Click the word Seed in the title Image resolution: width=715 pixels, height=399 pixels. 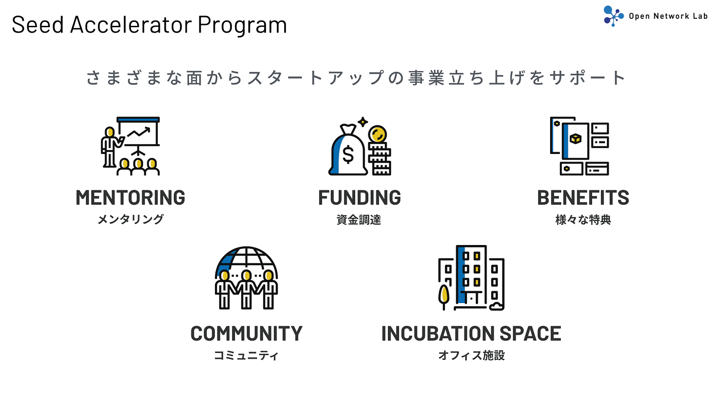pyautogui.click(x=38, y=25)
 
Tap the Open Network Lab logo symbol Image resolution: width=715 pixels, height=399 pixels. pyautogui.click(x=613, y=16)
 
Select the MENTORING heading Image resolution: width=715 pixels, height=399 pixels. pyautogui.click(x=130, y=197)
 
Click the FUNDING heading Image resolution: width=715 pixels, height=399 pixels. pyautogui.click(x=359, y=197)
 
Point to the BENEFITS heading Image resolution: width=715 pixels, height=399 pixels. pyautogui.click(x=583, y=197)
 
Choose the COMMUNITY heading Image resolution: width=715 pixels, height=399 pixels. pyautogui.click(x=246, y=333)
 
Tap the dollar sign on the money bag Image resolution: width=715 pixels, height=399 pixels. pyautogui.click(x=348, y=154)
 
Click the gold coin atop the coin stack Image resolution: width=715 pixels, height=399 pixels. pyautogui.click(x=377, y=134)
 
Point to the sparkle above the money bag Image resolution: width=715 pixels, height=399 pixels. pyautogui.click(x=362, y=122)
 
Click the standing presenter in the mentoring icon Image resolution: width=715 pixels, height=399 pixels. pyautogui.click(x=110, y=147)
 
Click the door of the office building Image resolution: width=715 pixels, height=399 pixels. pyautogui.click(x=471, y=298)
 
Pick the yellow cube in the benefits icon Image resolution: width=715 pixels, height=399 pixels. pyautogui.click(x=576, y=139)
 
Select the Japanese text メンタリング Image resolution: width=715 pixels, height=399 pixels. pyautogui.click(x=130, y=219)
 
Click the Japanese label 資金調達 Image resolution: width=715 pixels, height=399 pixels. pyautogui.click(x=359, y=220)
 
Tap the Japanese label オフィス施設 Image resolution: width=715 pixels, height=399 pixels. pyautogui.click(x=471, y=355)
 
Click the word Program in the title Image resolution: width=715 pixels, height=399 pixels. pyautogui.click(x=242, y=25)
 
